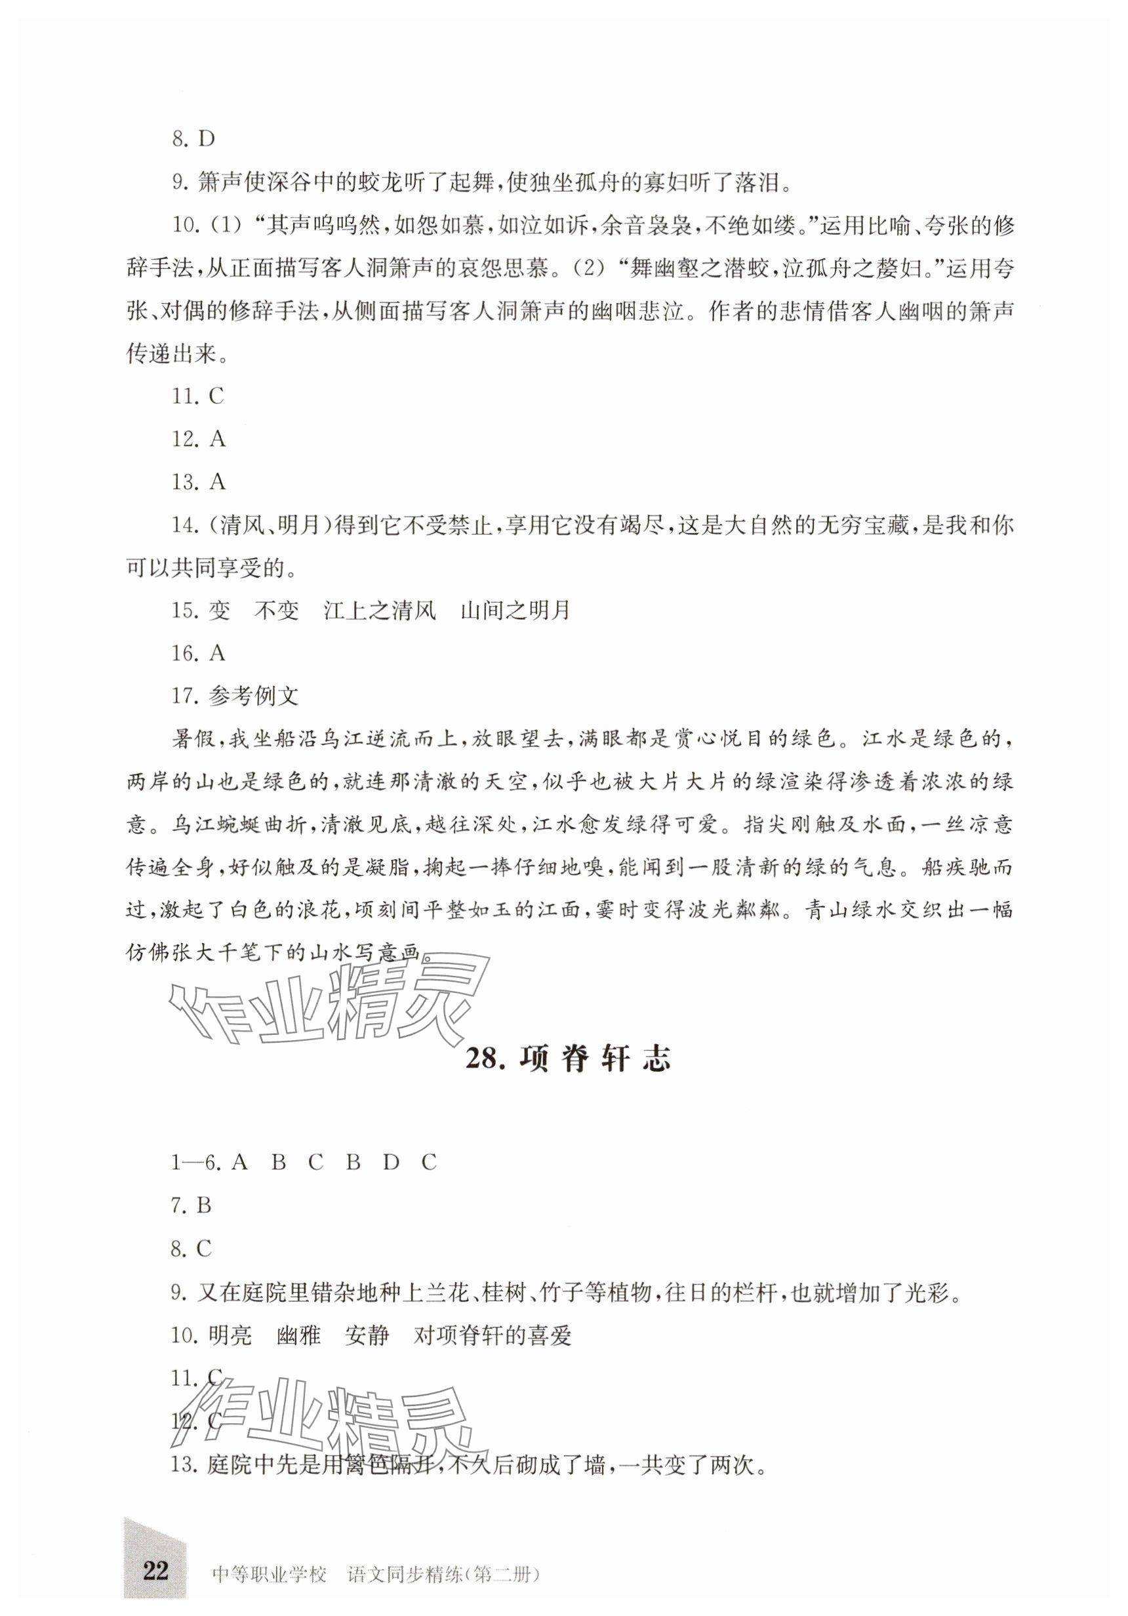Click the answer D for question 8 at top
[206, 138]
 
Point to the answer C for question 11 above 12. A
[216, 397]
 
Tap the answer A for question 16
[218, 653]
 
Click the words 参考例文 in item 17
[254, 696]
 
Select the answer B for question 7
[204, 1205]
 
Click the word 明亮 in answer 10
[230, 1335]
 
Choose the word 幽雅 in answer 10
[298, 1335]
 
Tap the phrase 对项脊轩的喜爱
[492, 1335]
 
